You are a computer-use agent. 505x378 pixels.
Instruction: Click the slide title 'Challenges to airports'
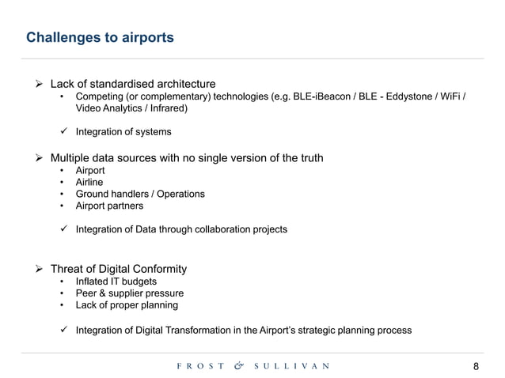100,37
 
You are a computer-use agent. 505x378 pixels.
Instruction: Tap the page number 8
476,366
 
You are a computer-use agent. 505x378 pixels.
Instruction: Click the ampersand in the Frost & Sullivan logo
239,365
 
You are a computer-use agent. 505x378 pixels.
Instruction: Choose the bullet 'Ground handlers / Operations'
139,194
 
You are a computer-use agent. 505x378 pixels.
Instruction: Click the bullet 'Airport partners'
109,206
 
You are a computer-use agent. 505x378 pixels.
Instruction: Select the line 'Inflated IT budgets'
116,281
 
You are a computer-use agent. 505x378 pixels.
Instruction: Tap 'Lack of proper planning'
127,304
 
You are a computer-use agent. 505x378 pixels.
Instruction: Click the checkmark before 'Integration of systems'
63,131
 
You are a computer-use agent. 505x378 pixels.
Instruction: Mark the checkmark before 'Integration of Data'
63,229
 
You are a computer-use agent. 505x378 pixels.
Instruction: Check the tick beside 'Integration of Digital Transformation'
63,330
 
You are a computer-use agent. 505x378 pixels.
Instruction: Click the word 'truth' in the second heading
308,158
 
